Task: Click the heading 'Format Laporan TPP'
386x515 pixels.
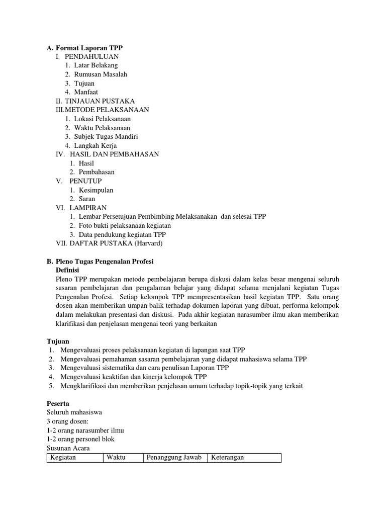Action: click(88, 47)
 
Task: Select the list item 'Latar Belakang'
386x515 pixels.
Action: click(96, 65)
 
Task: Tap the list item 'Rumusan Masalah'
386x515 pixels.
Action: click(101, 74)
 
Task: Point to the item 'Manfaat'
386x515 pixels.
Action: click(86, 93)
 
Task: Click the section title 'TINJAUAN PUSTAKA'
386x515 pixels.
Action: click(100, 101)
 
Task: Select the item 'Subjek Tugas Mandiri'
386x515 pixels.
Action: click(106, 137)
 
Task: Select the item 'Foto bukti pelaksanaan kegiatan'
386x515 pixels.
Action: click(125, 226)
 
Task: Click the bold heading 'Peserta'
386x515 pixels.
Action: click(58, 403)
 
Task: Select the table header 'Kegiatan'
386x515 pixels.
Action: click(62, 457)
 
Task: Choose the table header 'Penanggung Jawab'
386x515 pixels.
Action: click(174, 457)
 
